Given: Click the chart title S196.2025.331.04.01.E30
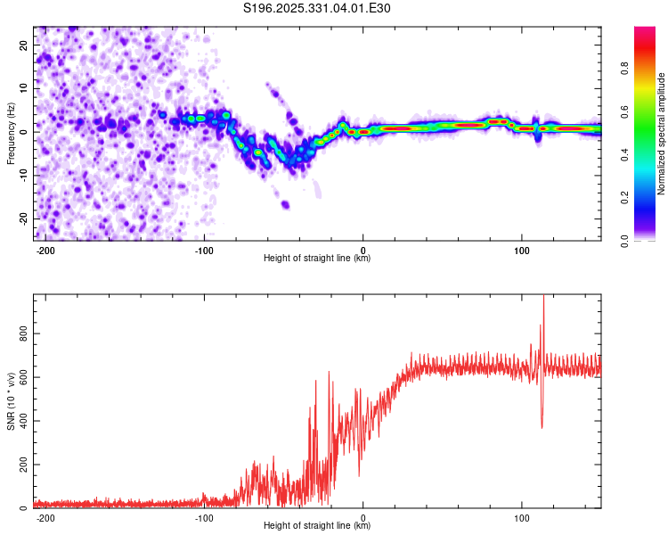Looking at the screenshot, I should [317, 9].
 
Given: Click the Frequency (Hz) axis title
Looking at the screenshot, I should [11, 133].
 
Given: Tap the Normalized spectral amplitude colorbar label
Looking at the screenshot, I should [661, 134].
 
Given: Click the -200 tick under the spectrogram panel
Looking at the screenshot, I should [46, 249].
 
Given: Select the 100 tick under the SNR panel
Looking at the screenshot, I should [521, 516].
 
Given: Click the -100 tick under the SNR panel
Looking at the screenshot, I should [204, 516].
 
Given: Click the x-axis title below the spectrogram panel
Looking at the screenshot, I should [317, 259].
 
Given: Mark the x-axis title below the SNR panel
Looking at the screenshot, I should [317, 526].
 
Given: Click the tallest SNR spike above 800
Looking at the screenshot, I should [543, 297].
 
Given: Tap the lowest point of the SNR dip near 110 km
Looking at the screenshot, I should [542, 427].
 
